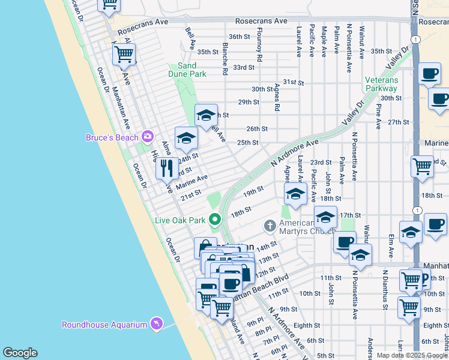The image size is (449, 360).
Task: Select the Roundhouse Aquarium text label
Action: (x=104, y=325)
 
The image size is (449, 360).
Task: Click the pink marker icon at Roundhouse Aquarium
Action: (x=156, y=325)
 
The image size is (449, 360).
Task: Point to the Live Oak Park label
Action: (x=181, y=220)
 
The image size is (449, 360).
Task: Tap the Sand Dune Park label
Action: (x=191, y=70)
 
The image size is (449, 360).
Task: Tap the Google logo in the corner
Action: (x=20, y=353)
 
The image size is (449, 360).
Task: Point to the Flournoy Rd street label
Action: (x=259, y=46)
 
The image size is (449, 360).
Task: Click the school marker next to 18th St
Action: (x=295, y=193)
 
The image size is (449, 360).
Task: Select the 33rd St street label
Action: (x=244, y=67)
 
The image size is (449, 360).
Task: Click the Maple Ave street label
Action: (x=324, y=41)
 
